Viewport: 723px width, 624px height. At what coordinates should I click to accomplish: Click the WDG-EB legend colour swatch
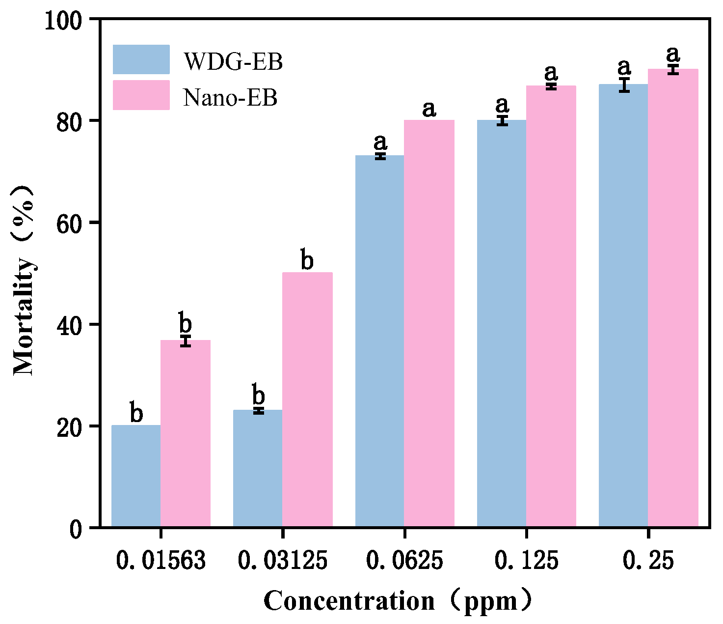pyautogui.click(x=141, y=59)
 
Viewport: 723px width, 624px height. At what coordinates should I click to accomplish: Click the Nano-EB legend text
pyautogui.click(x=230, y=97)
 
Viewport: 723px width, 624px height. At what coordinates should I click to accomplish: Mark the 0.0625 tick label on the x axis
pyautogui.click(x=404, y=561)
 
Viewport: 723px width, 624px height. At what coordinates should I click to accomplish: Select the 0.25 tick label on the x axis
pyautogui.click(x=648, y=561)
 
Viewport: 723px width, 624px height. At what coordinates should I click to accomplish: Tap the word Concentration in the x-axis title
pyautogui.click(x=349, y=601)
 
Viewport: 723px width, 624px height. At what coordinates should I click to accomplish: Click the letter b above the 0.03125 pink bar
pyautogui.click(x=307, y=260)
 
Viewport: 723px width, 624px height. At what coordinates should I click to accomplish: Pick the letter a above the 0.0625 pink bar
pyautogui.click(x=429, y=109)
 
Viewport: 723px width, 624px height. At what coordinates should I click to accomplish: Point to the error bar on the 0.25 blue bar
pyautogui.click(x=624, y=85)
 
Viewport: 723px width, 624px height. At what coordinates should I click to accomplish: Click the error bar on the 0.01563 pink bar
pyautogui.click(x=186, y=341)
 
